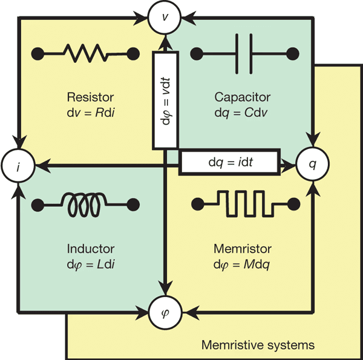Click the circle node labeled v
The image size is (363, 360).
coord(165,17)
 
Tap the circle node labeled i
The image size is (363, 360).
coord(18,163)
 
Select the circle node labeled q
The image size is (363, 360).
coord(312,163)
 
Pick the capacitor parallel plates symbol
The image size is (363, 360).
coord(244,53)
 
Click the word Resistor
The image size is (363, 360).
coord(91,97)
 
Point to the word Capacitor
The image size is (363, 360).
coord(243,97)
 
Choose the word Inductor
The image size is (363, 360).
coord(91,249)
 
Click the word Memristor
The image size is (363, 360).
coord(243,249)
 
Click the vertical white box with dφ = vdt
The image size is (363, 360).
coord(165,100)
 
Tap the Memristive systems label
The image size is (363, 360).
coord(258,345)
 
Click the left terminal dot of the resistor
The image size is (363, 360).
coord(37,53)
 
